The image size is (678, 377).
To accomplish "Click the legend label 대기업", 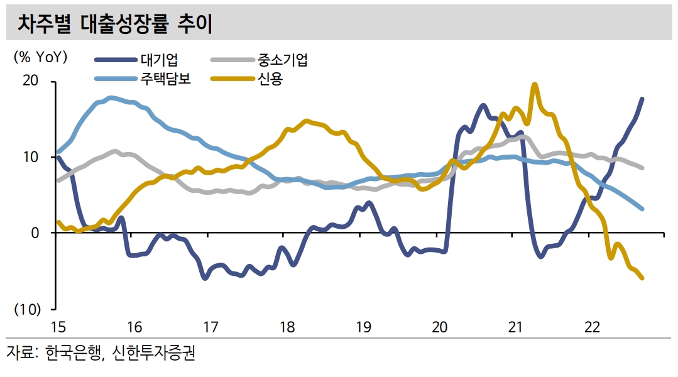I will point(160,60).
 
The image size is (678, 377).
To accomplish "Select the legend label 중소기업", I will point(282,60).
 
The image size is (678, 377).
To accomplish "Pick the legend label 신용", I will point(270,79).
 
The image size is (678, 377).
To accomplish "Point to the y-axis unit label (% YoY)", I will point(40,57).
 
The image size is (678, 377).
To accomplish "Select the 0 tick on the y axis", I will point(35,232).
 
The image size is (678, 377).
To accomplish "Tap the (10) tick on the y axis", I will point(28,309).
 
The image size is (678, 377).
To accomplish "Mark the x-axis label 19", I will point(363,327).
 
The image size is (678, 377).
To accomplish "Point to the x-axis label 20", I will point(439,327).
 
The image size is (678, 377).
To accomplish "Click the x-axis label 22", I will point(592,327).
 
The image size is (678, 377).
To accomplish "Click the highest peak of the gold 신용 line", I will point(535,84).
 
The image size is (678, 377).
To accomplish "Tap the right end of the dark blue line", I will point(642,99).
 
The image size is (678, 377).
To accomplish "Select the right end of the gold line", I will point(642,278).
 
